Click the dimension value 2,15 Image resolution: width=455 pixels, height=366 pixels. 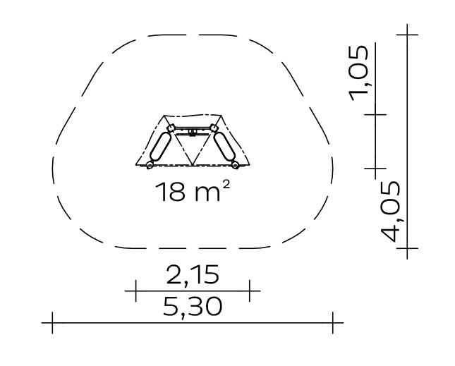point(193,274)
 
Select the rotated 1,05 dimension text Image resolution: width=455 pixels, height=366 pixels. point(359,73)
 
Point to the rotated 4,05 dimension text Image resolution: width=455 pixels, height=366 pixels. point(390,212)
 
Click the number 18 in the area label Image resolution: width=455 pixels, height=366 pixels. point(170,192)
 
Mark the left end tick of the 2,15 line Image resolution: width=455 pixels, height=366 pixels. point(136,291)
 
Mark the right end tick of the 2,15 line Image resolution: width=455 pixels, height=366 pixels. point(250,291)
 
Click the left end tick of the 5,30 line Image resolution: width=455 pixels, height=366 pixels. point(52,322)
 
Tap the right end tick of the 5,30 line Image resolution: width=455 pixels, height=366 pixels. point(333,322)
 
